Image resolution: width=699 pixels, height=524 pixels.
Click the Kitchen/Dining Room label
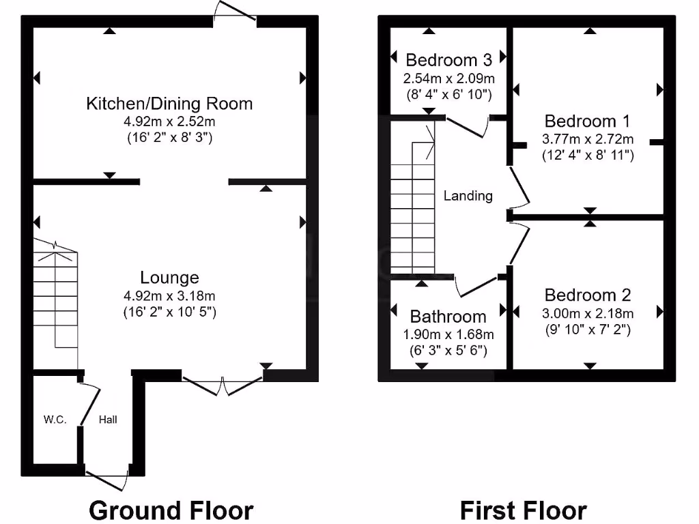point(169,104)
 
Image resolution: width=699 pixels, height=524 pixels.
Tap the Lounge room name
point(169,278)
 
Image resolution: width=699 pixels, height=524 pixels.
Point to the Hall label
point(107,420)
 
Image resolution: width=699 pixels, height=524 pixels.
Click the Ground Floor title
point(171,510)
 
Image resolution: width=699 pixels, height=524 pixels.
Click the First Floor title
point(523,510)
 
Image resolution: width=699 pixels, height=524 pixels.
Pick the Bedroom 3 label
point(448,59)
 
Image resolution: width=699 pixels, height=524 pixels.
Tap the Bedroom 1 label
point(587,121)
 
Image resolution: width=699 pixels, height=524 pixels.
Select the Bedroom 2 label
point(587,295)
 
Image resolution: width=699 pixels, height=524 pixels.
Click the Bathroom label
point(448,317)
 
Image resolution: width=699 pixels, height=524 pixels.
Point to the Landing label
point(468,196)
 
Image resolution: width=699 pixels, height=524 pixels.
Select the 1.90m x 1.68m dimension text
point(448,334)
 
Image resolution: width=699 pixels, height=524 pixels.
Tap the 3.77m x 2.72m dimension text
point(587,139)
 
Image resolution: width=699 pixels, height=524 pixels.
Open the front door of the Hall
point(107,478)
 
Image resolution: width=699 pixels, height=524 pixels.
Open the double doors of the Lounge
point(222,386)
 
